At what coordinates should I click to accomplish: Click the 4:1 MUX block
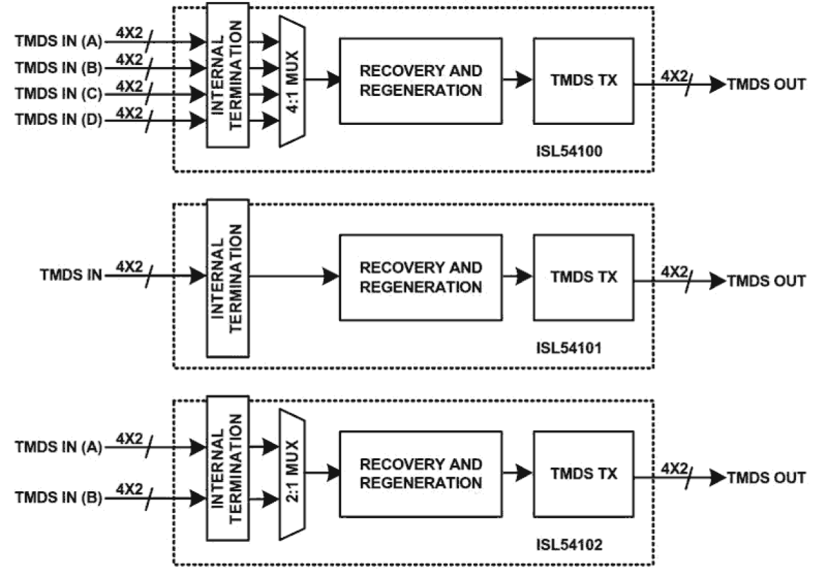tap(292, 81)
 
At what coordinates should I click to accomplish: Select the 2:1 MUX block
tap(292, 473)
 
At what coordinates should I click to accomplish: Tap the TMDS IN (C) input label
tap(59, 94)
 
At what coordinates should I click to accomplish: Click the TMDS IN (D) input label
tap(59, 120)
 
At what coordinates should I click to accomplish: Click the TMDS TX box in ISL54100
tap(583, 81)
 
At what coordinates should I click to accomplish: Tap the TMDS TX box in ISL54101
tap(583, 277)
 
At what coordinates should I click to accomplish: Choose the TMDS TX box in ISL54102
tap(583, 473)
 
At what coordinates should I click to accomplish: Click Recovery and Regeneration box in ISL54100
tap(421, 81)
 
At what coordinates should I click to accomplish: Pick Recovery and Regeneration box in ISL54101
tap(421, 277)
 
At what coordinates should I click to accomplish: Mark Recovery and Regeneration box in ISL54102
tap(421, 473)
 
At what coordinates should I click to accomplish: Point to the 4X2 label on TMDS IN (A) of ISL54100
tap(129, 32)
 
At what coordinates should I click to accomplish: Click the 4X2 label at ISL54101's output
tap(674, 271)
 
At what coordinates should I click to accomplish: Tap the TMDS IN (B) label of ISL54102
tap(59, 498)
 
